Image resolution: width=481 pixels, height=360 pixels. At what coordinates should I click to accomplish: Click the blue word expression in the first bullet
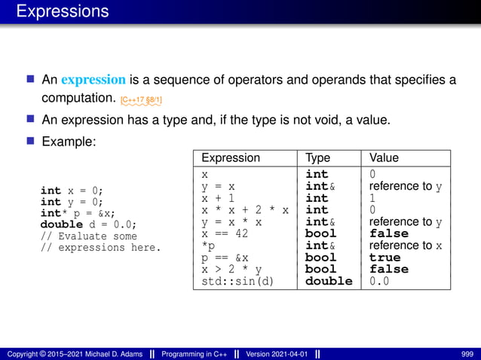93,80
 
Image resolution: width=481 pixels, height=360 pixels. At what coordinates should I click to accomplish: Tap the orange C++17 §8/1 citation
141,99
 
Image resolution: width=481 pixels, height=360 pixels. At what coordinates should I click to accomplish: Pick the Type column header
317,158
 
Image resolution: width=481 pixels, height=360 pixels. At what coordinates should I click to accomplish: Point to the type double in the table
328,282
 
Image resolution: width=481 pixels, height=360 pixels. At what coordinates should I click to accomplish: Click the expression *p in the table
208,246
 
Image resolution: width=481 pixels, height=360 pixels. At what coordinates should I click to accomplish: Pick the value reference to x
406,246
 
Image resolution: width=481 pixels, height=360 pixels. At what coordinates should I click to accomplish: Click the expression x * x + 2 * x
245,210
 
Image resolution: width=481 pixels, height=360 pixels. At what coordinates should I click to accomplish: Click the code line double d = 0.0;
88,224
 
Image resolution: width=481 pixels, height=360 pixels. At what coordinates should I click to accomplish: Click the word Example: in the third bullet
68,141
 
